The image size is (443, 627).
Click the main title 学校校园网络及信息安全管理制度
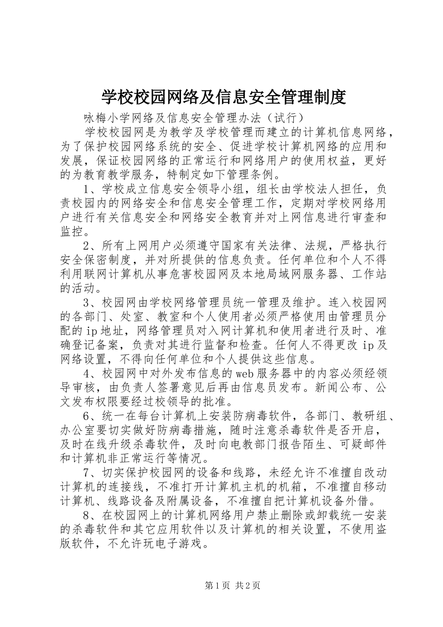pos(224,97)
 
